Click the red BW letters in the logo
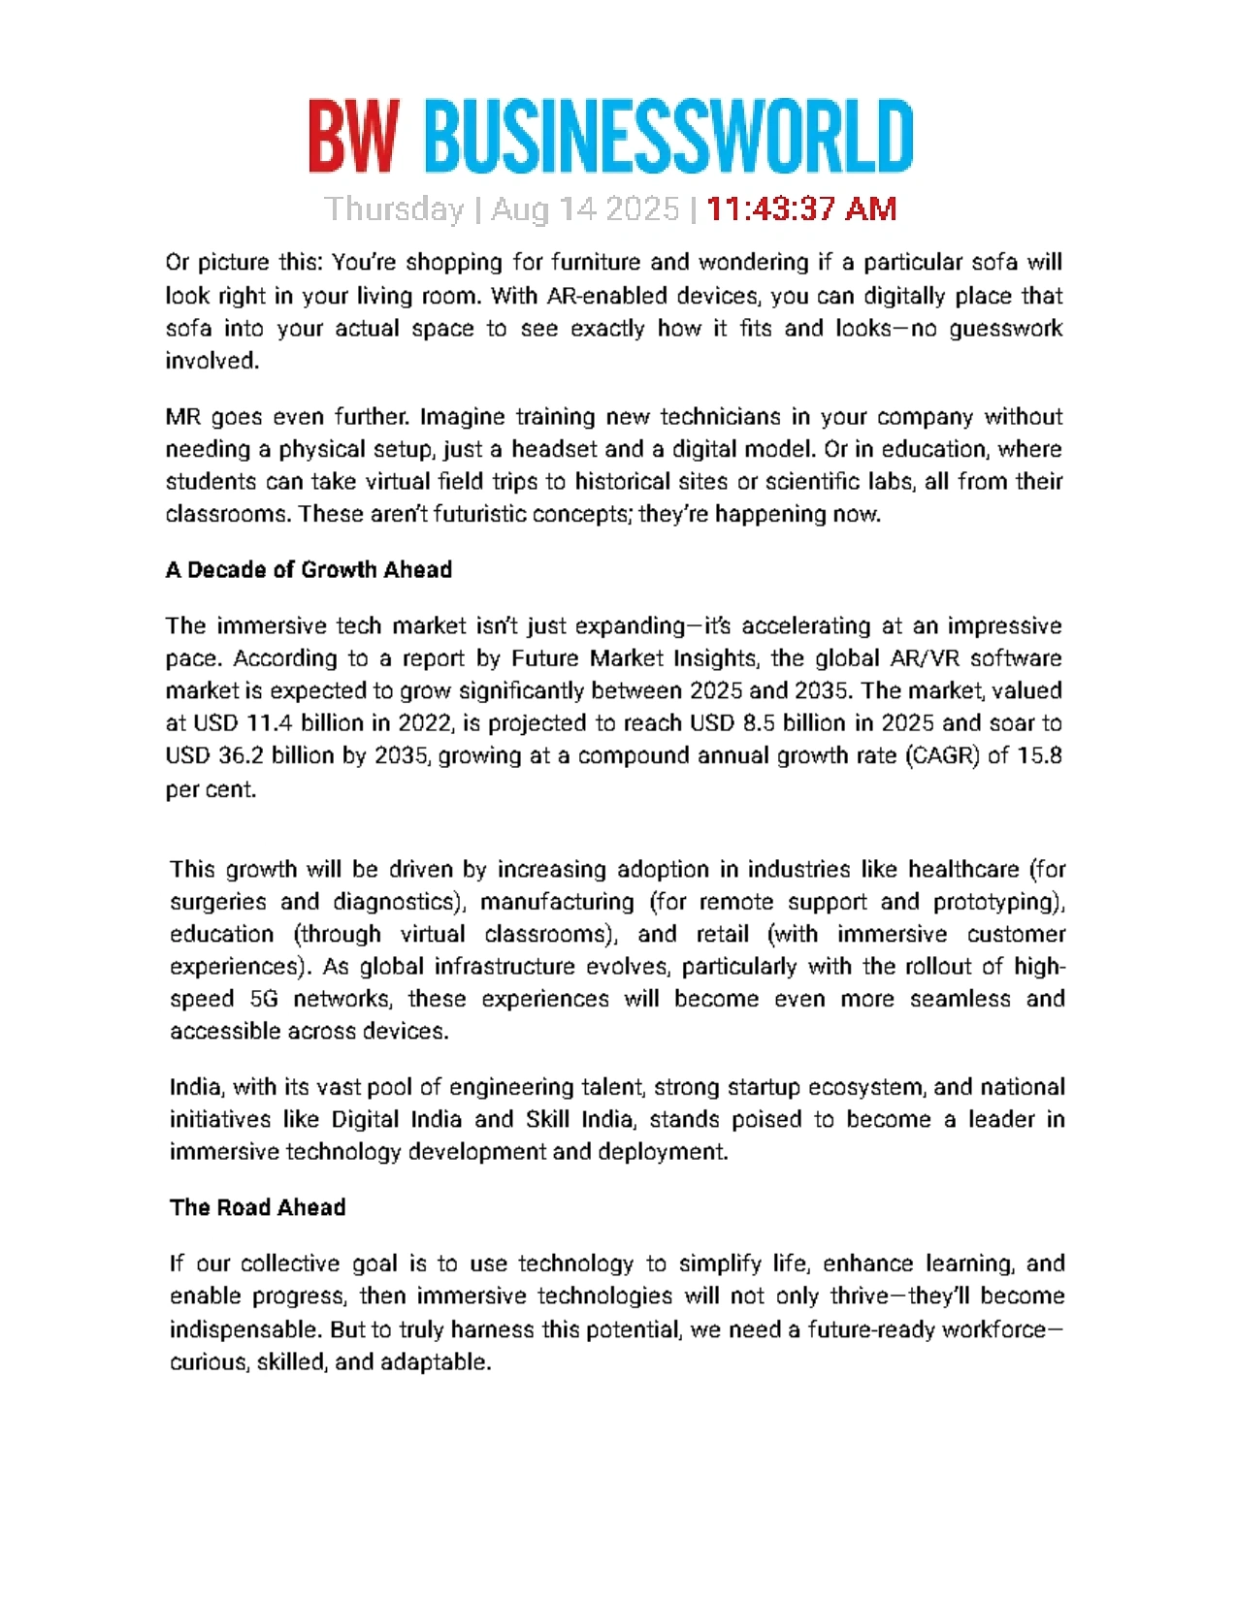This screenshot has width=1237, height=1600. [x=353, y=137]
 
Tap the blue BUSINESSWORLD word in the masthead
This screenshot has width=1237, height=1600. [x=668, y=137]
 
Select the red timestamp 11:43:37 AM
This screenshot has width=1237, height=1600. [x=801, y=209]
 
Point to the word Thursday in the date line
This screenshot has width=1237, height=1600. [x=394, y=209]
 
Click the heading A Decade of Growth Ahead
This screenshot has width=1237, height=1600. [x=309, y=570]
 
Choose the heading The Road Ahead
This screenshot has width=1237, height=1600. [x=257, y=1208]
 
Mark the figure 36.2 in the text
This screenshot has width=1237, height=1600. [x=241, y=756]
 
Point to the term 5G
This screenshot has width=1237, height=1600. [x=264, y=1000]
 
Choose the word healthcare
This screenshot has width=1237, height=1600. [x=963, y=870]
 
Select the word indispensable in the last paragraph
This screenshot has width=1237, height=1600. [x=245, y=1329]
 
